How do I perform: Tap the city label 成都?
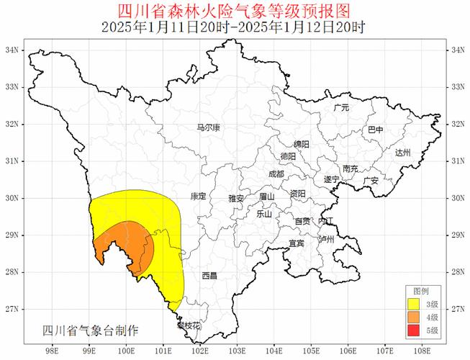click(276, 174)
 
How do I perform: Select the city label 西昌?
click(209, 276)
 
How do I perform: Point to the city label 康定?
click(198, 196)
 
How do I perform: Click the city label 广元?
click(341, 107)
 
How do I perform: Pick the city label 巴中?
click(376, 130)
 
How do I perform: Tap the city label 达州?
click(402, 153)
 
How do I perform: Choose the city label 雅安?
click(236, 198)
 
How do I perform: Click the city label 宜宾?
click(297, 243)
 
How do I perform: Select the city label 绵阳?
click(301, 144)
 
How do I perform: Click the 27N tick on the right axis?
click(456, 309)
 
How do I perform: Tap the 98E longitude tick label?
click(52, 352)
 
